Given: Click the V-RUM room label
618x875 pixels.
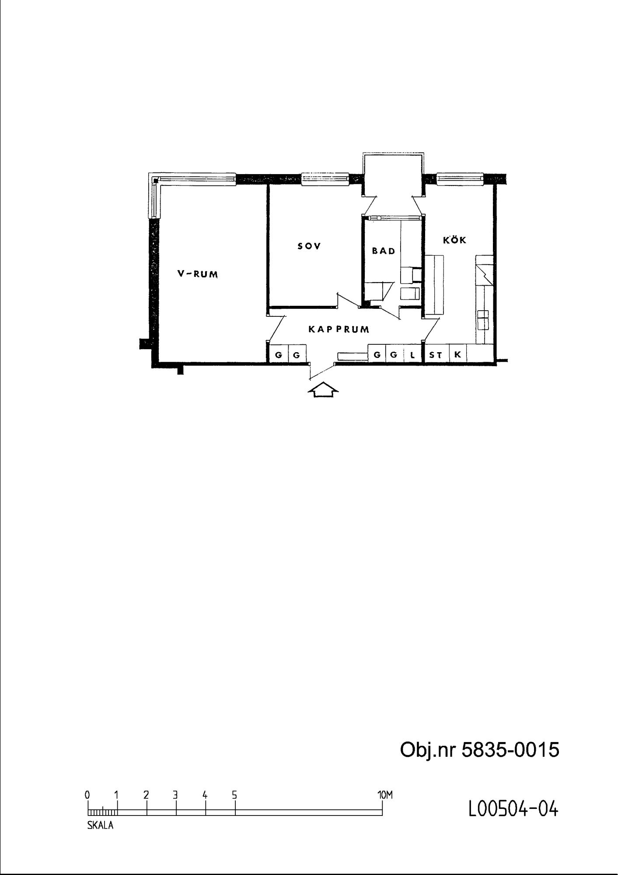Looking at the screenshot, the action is pyautogui.click(x=198, y=274).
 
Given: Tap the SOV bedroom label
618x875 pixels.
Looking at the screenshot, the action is pyautogui.click(x=309, y=246).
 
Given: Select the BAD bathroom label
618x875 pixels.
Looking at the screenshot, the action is pyautogui.click(x=384, y=251).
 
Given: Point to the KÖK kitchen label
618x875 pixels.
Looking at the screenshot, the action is pyautogui.click(x=455, y=239).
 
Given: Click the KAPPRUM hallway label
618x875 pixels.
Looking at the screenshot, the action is pyautogui.click(x=339, y=329).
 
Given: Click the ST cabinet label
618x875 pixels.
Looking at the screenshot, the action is pyautogui.click(x=436, y=355).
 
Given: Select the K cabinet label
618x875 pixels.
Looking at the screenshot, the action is pyautogui.click(x=457, y=354).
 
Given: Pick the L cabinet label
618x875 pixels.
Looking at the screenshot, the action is pyautogui.click(x=412, y=355).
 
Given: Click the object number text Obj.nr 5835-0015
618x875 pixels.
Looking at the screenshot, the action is pyautogui.click(x=480, y=749).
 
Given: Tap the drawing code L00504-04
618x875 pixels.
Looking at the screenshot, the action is pyautogui.click(x=513, y=809).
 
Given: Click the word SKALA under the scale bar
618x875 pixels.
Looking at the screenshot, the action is pyautogui.click(x=100, y=826).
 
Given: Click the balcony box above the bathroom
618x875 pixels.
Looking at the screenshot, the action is pyautogui.click(x=393, y=175).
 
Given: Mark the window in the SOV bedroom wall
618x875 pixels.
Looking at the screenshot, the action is pyautogui.click(x=325, y=179).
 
